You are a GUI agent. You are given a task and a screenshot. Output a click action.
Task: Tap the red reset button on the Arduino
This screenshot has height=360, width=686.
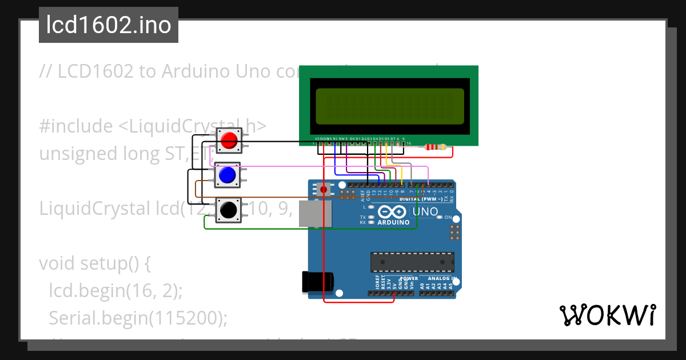coord(324,189)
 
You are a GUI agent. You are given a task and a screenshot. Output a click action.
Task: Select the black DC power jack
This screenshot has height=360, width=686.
coord(317,282)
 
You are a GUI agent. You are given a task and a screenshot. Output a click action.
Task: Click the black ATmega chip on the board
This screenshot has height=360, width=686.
coord(412,262)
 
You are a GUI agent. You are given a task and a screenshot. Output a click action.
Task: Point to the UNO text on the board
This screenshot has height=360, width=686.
coord(425,212)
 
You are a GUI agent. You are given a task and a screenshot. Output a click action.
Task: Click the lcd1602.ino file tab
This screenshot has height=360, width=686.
coord(109,26)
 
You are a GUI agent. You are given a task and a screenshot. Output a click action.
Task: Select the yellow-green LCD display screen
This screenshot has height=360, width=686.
coord(390,106)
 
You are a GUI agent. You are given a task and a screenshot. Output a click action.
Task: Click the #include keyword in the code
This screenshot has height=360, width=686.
coord(76,126)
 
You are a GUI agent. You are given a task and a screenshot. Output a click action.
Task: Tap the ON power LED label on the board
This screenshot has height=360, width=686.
coord(448,218)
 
